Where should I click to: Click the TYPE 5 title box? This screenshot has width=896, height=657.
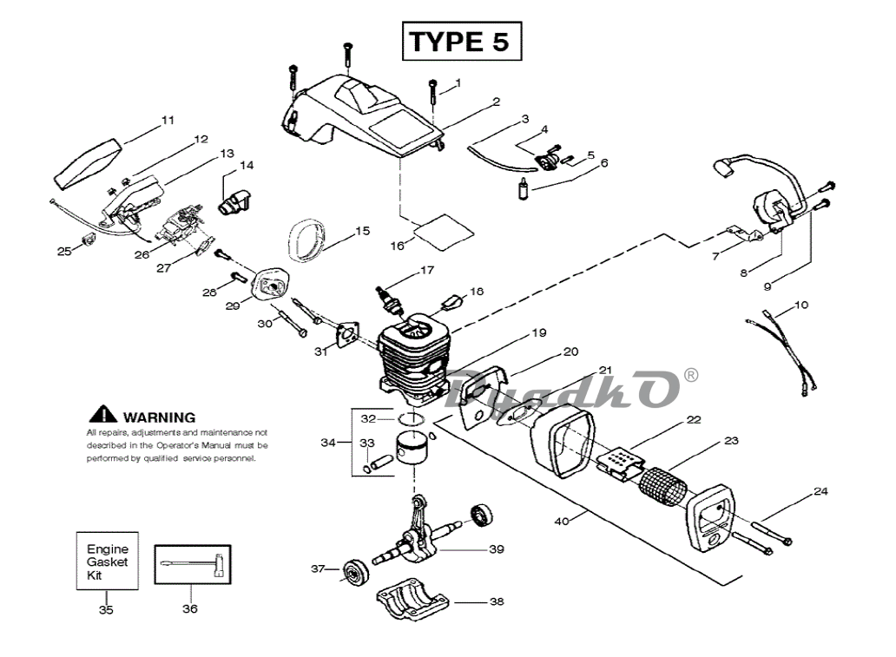[x=462, y=41]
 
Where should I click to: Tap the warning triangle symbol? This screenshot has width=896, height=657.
[x=102, y=414]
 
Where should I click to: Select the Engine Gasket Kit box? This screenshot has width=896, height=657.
[x=108, y=561]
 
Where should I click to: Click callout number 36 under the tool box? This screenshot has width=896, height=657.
[x=190, y=609]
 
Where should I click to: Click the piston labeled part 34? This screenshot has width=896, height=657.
[x=412, y=450]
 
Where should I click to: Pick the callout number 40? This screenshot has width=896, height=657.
[x=562, y=521]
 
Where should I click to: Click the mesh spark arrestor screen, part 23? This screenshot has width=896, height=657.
[x=662, y=487]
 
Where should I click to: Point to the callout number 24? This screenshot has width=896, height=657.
[x=820, y=491]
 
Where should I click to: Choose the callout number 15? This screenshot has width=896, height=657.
[x=363, y=231]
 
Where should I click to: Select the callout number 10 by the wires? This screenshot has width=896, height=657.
[x=801, y=306]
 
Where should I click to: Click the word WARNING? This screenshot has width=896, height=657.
[x=160, y=417]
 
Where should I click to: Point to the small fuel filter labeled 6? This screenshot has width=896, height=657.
[x=523, y=189]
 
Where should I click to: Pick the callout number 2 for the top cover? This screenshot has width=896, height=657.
[x=496, y=102]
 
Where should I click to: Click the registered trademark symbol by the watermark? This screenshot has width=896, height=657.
[x=690, y=375]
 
